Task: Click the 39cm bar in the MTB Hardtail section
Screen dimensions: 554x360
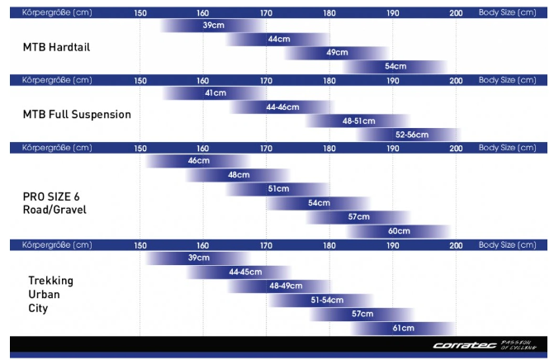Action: pyautogui.click(x=213, y=26)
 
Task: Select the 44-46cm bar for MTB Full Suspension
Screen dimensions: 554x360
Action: pyautogui.click(x=282, y=107)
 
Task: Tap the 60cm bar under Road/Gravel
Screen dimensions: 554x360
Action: pyautogui.click(x=399, y=231)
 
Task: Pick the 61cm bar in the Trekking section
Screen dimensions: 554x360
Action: pyautogui.click(x=403, y=328)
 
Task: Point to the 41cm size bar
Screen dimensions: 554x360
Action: pyautogui.click(x=215, y=93)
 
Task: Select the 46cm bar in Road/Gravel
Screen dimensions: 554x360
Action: pyautogui.click(x=198, y=161)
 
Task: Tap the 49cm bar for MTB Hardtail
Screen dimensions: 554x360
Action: pyautogui.click(x=337, y=53)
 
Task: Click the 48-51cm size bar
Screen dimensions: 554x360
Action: pyautogui.click(x=358, y=121)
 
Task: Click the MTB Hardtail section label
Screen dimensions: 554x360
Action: pyautogui.click(x=56, y=47)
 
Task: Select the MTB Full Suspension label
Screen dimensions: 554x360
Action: pyautogui.click(x=77, y=115)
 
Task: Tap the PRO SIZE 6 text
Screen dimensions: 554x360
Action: pyautogui.click(x=51, y=197)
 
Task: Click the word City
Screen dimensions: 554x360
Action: pyautogui.click(x=38, y=309)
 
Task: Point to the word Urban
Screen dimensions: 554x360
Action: pyautogui.click(x=44, y=294)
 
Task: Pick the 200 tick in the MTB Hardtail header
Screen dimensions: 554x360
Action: pyautogui.click(x=456, y=13)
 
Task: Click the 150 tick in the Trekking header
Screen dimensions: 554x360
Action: pyautogui.click(x=140, y=245)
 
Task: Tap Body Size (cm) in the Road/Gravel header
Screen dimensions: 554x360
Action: pyautogui.click(x=508, y=148)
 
